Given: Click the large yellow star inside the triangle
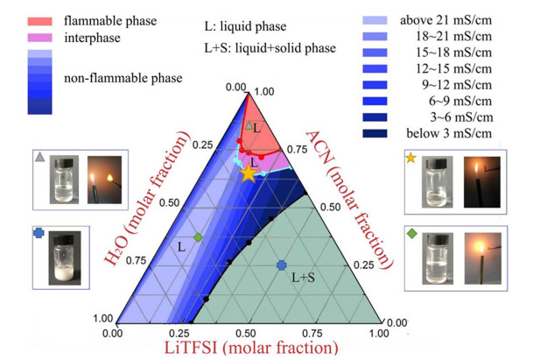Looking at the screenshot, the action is click(x=249, y=173).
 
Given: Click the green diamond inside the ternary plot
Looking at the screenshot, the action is click(x=198, y=237).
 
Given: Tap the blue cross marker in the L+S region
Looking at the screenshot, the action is click(x=282, y=265).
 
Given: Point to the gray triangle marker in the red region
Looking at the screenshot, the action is click(x=249, y=125).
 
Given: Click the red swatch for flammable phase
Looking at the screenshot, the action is click(x=40, y=21).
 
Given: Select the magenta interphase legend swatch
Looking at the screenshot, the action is click(x=40, y=38).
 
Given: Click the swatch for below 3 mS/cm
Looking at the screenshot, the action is click(x=375, y=133).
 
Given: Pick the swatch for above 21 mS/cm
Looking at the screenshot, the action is click(x=375, y=20).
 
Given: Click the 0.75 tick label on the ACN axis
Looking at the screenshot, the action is click(x=298, y=149).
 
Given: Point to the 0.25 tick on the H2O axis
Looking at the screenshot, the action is click(x=202, y=145).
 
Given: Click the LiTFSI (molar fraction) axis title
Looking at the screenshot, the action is click(x=251, y=348).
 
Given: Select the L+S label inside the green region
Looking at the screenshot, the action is click(x=303, y=278).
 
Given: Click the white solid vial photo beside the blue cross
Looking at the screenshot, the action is click(x=65, y=258).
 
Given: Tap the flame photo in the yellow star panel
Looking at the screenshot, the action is click(x=481, y=182).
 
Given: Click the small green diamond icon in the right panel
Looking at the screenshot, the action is click(x=412, y=234).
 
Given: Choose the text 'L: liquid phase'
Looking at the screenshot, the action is click(x=245, y=26).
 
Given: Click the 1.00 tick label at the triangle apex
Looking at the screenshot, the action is click(x=264, y=92).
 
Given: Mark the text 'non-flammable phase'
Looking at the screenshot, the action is click(x=123, y=78).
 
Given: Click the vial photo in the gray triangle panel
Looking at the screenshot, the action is click(x=64, y=180).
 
